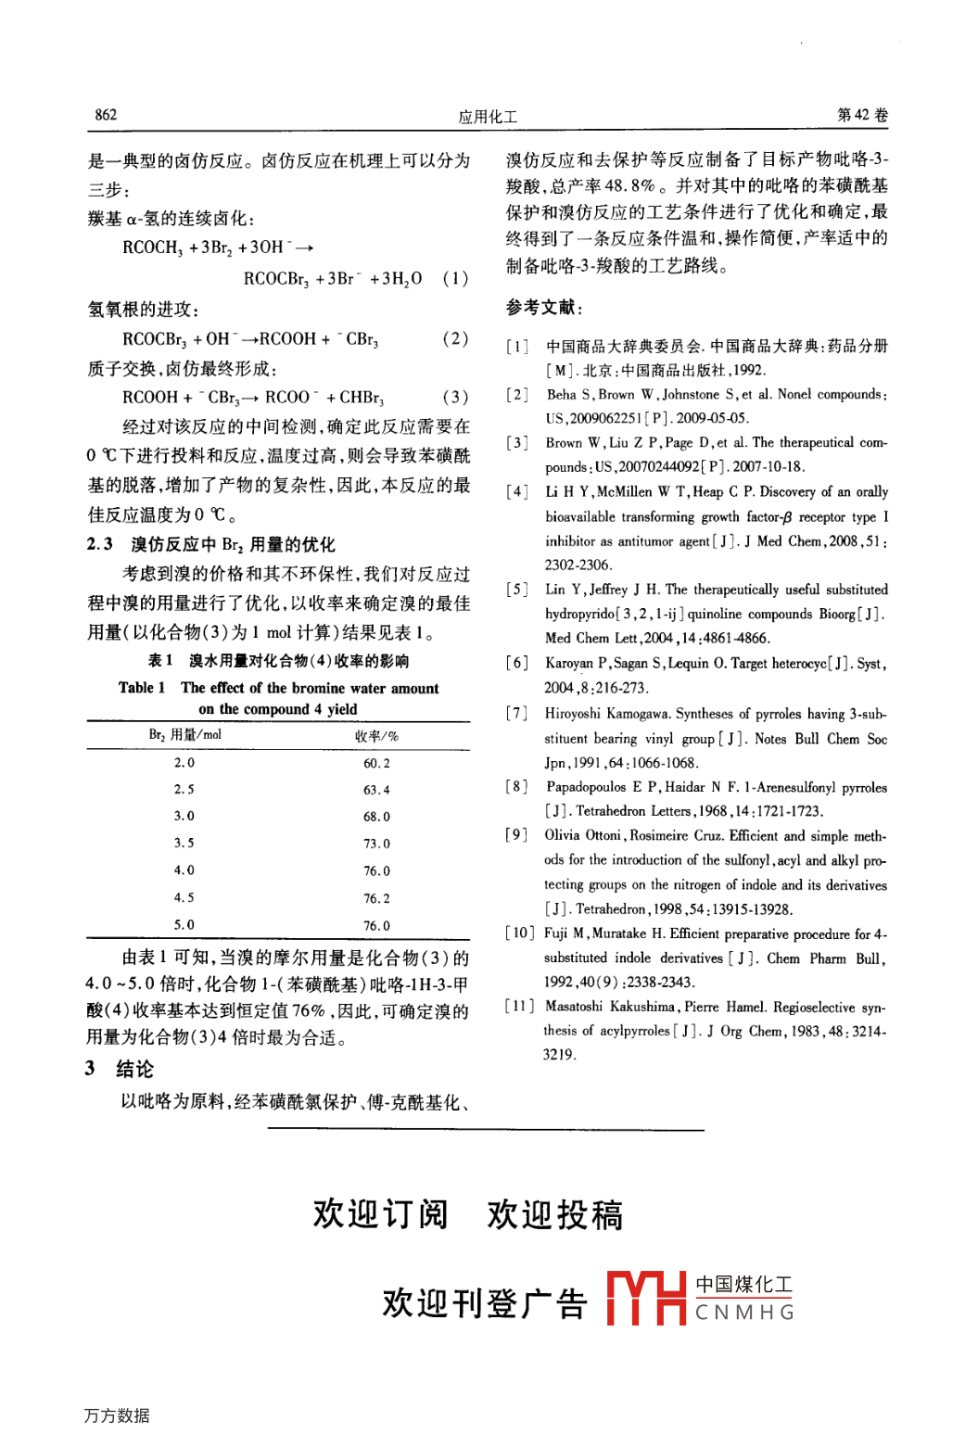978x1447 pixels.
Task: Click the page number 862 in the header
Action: click(106, 115)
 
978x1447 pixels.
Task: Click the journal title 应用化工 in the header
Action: click(488, 117)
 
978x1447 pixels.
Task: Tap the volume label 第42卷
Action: click(862, 115)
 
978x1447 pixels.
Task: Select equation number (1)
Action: click(455, 278)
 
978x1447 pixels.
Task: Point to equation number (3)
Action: click(455, 397)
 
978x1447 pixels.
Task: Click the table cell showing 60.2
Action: click(376, 763)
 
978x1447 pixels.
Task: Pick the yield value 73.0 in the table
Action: click(376, 844)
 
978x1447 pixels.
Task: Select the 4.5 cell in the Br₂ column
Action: click(184, 897)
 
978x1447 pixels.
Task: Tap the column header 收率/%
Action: click(376, 736)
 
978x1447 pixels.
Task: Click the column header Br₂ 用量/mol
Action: click(185, 735)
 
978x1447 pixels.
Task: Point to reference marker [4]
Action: click(517, 492)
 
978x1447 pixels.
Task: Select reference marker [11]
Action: click(519, 1007)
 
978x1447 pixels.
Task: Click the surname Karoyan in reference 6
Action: click(569, 663)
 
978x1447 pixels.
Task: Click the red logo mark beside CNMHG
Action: click(646, 1297)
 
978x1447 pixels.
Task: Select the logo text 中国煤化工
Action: click(744, 1285)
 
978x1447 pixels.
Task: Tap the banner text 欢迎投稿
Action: click(554, 1214)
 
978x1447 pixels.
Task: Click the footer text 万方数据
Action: click(117, 1415)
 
